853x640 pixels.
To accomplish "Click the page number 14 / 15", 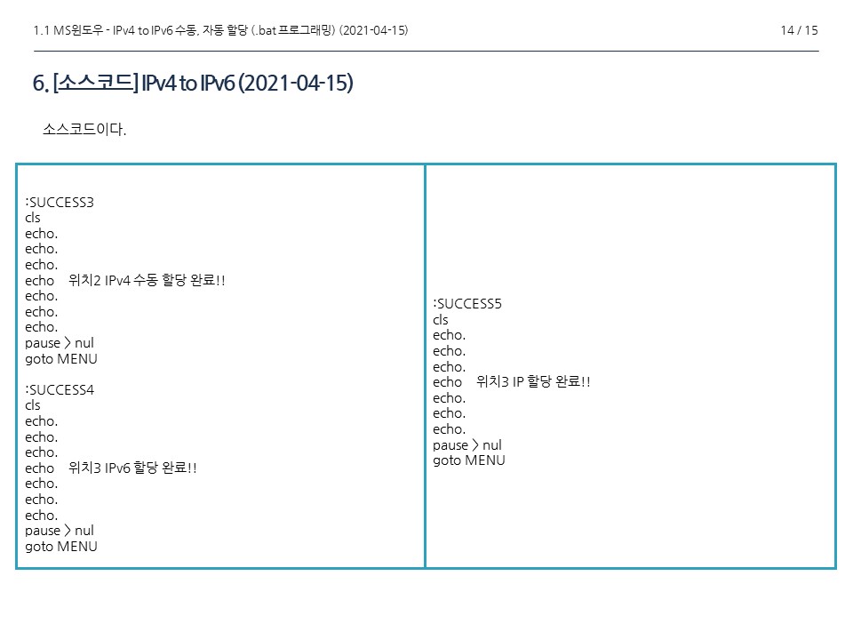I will (x=799, y=30).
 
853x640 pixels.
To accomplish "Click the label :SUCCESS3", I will (x=60, y=202).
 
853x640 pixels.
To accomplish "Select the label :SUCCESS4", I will (x=60, y=389).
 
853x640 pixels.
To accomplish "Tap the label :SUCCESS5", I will (x=467, y=304).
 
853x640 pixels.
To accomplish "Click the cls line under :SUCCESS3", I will (x=33, y=218).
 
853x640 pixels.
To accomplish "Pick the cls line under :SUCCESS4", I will (x=33, y=405).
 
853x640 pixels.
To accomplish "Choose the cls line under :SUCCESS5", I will (x=441, y=320).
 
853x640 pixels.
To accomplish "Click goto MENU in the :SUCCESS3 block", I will (x=61, y=359).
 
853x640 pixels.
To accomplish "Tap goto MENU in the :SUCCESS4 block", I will (x=61, y=547).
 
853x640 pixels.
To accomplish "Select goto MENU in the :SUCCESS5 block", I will (x=469, y=460).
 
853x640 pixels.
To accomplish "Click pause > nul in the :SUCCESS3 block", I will (x=60, y=343).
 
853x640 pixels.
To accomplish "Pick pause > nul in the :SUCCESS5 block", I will (x=467, y=444).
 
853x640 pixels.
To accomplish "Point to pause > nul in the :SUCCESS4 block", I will (x=60, y=531).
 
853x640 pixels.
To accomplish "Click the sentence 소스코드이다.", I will (x=84, y=131).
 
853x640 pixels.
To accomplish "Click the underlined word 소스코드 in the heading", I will (x=95, y=84).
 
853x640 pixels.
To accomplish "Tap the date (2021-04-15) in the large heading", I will (x=296, y=84).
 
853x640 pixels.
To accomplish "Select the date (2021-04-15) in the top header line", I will (x=373, y=30).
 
